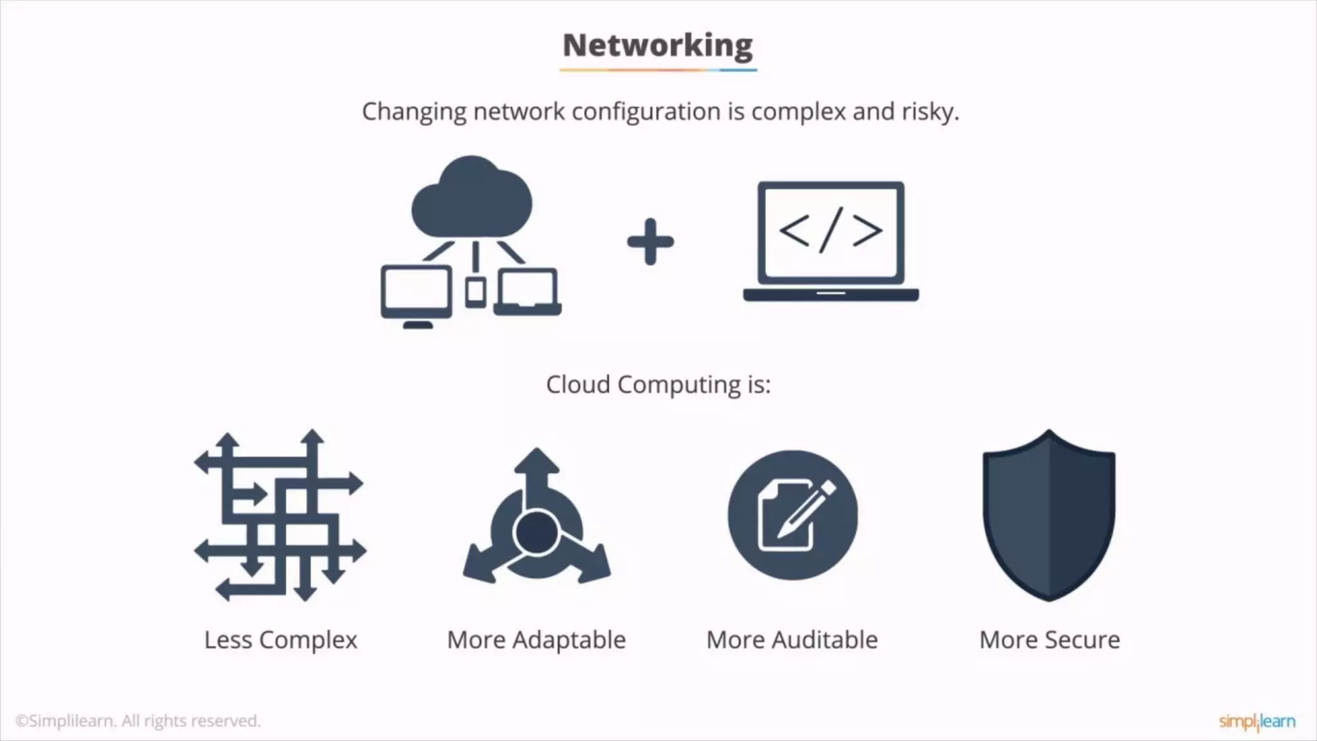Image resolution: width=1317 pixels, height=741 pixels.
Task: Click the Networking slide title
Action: click(657, 46)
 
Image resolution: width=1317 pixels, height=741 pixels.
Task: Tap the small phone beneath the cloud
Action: click(475, 293)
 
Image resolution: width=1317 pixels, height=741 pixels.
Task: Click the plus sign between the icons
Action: click(650, 242)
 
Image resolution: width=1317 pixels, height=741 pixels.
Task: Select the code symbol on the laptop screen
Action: click(830, 231)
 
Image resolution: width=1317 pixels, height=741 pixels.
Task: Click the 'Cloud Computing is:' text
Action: click(658, 385)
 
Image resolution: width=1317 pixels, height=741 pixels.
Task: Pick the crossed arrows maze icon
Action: click(280, 515)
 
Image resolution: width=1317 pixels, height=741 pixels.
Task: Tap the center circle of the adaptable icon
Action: click(536, 532)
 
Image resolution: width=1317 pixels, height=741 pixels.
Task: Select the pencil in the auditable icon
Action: click(806, 508)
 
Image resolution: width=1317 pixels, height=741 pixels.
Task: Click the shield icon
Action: click(1049, 515)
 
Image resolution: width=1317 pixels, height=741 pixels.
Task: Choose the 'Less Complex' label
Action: click(280, 640)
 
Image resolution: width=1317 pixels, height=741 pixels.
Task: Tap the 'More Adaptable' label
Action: click(536, 640)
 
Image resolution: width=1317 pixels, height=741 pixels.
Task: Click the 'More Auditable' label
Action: click(792, 640)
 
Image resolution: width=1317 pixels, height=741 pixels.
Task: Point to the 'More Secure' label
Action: click(1049, 640)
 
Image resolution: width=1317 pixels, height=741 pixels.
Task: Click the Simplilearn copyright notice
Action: click(138, 721)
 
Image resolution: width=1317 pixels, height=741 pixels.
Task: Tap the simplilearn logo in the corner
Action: click(1257, 721)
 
